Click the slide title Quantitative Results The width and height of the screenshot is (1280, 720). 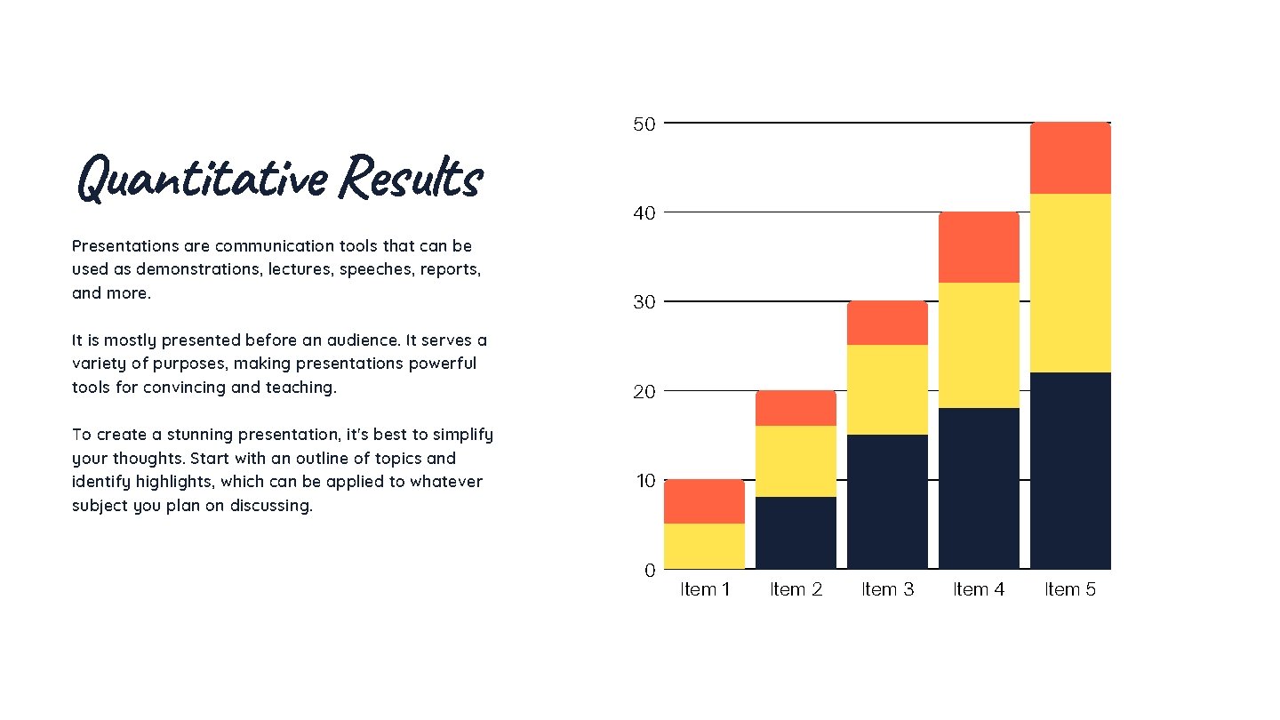click(280, 178)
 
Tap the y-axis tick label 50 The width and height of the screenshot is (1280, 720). click(644, 124)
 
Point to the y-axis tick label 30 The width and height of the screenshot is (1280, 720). click(644, 302)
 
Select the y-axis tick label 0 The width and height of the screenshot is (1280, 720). click(650, 571)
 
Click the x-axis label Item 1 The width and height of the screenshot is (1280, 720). click(705, 589)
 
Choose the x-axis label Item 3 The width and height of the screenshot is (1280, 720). click(887, 589)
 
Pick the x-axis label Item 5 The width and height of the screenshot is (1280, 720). click(1070, 589)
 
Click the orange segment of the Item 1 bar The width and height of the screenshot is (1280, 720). click(704, 501)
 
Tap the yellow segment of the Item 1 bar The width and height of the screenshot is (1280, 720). click(704, 546)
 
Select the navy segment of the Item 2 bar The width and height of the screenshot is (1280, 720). click(796, 532)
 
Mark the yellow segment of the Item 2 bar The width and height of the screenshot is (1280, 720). click(796, 460)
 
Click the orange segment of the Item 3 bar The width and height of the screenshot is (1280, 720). click(887, 323)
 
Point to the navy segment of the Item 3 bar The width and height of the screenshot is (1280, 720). click(887, 501)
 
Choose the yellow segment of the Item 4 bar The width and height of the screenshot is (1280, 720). click(979, 345)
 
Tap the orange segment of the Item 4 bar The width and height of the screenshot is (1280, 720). click(979, 247)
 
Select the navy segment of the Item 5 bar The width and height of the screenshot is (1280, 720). click(1070, 470)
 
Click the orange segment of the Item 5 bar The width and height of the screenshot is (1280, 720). click(1070, 158)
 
